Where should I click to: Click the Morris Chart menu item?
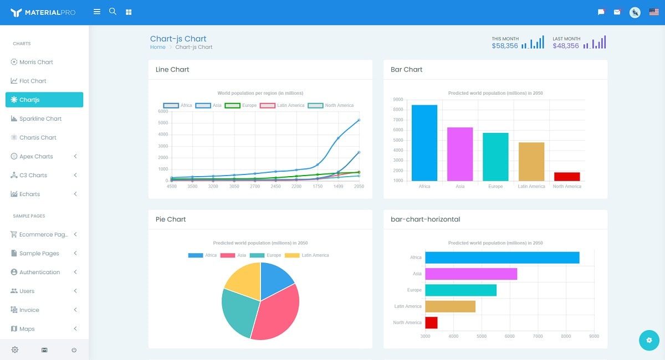[x=36, y=62]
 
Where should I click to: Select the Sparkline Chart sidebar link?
[x=40, y=119]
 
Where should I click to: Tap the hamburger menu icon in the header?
[x=97, y=12]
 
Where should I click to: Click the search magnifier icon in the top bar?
[x=112, y=12]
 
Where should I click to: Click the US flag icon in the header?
[x=654, y=12]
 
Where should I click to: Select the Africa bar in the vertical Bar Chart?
[x=424, y=143]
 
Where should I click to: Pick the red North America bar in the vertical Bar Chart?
[x=567, y=176]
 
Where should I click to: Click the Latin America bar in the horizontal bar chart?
[x=450, y=306]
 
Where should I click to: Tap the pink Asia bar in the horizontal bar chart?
[x=471, y=274]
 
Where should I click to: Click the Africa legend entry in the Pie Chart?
[x=203, y=255]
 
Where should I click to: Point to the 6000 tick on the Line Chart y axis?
[x=163, y=111]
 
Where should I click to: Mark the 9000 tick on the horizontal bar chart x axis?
[x=594, y=336]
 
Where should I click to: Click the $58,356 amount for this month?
[x=504, y=46]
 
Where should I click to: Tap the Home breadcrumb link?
[x=157, y=47]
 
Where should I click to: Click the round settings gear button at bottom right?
[x=649, y=340]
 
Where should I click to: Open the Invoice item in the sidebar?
[x=29, y=310]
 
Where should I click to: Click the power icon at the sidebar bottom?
[x=74, y=350]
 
